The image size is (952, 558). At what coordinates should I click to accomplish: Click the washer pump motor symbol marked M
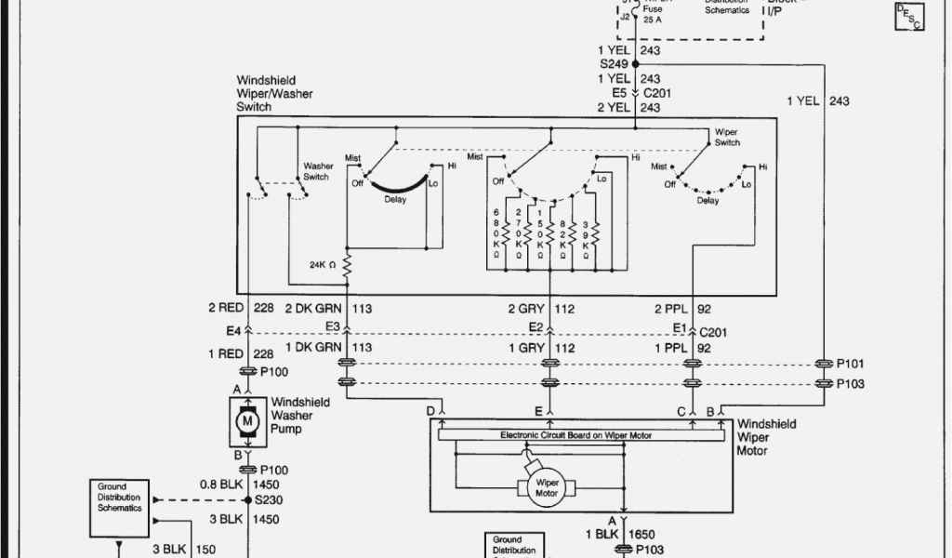click(247, 421)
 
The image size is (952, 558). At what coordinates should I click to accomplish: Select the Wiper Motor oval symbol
click(547, 486)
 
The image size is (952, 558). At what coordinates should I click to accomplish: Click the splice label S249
click(614, 64)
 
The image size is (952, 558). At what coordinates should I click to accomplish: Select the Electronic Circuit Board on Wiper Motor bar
click(576, 434)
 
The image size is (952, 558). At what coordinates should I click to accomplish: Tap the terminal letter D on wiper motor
click(430, 410)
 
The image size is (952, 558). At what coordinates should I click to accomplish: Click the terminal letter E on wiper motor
click(538, 410)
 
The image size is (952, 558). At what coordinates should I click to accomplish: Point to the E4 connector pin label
click(232, 329)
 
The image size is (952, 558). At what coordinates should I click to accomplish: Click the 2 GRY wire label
click(525, 308)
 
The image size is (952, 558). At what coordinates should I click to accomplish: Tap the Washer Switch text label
click(316, 172)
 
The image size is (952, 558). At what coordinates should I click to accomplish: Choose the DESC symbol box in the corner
click(909, 16)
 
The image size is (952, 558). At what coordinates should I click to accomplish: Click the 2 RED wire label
click(226, 308)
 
